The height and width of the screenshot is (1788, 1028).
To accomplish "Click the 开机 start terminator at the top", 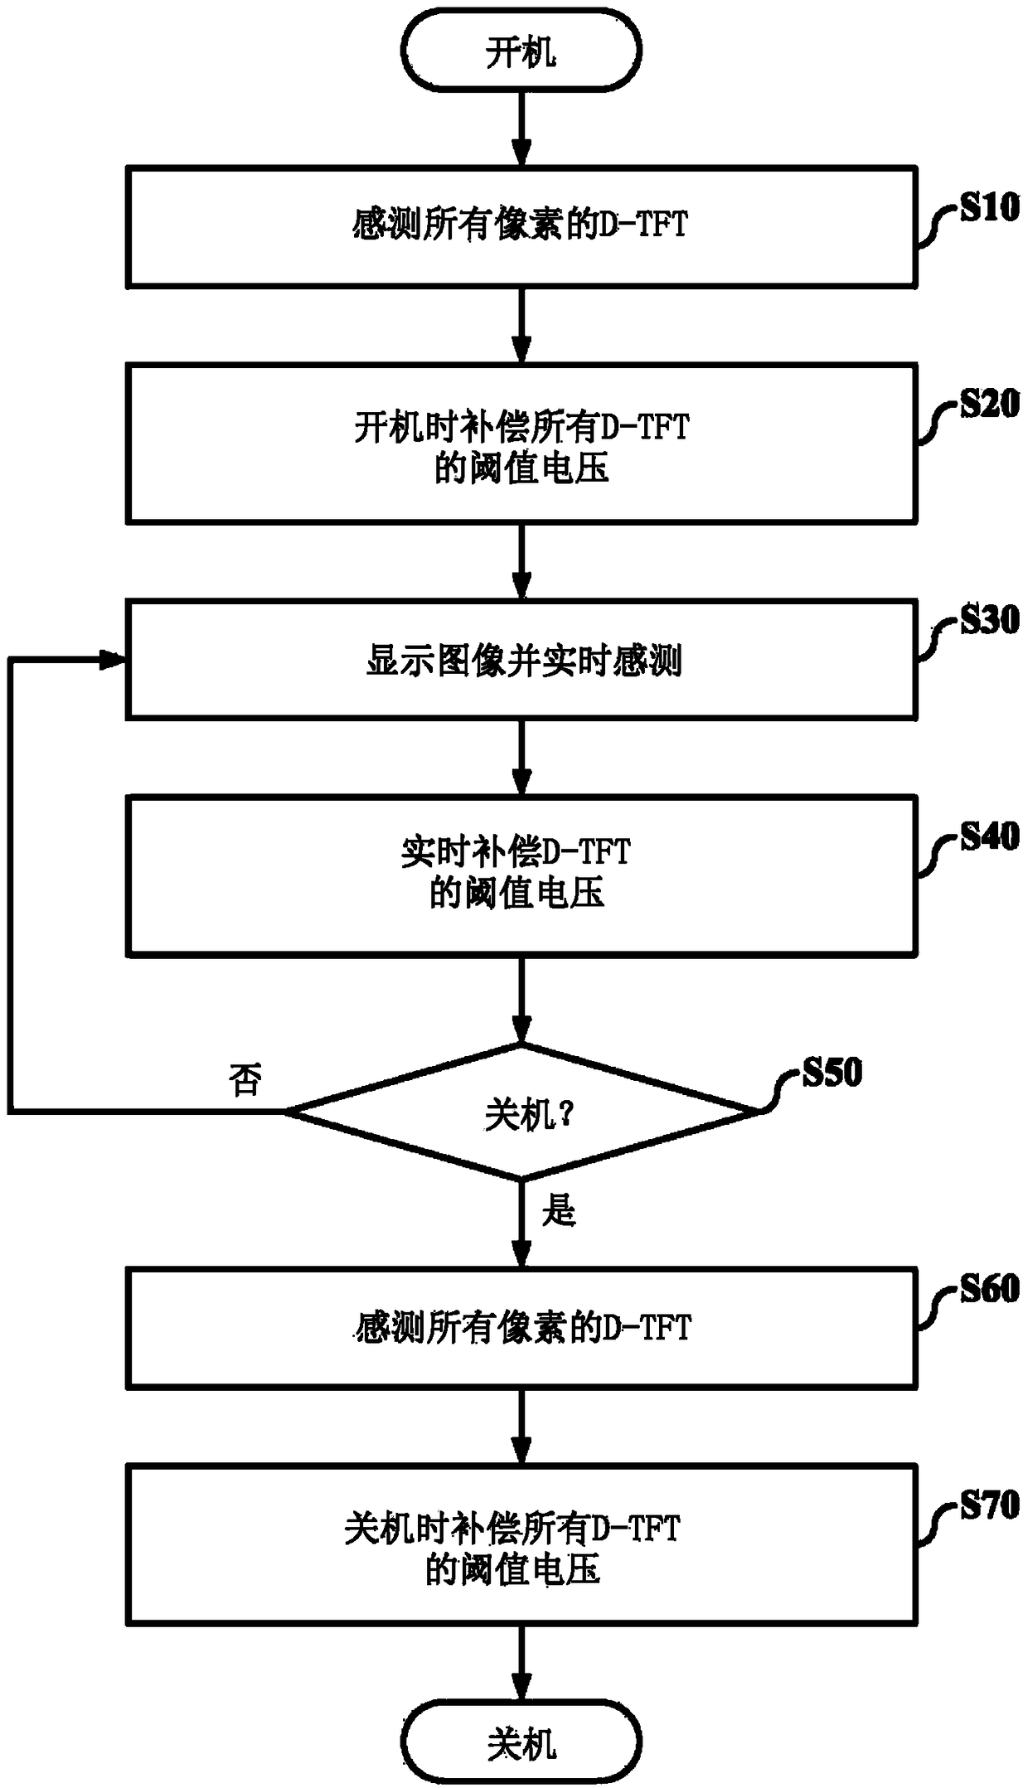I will click(521, 51).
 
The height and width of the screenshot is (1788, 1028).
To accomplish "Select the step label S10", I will click(989, 207).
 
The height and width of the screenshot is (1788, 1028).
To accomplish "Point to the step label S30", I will click(989, 619).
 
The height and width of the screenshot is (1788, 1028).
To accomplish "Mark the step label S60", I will click(989, 1289).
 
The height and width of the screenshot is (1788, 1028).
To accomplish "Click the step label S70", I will click(989, 1505).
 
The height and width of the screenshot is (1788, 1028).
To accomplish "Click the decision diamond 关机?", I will click(521, 1112).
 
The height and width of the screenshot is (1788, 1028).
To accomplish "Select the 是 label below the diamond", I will click(559, 1211).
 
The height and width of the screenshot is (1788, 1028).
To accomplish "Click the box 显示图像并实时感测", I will click(521, 661).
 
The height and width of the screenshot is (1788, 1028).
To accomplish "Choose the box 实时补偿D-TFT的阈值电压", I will click(521, 875).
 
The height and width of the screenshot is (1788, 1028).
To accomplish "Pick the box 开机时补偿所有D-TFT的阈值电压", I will click(521, 443).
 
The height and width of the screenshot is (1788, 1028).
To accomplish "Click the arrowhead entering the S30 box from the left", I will click(114, 660).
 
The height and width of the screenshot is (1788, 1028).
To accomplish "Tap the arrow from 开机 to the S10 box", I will click(521, 128).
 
